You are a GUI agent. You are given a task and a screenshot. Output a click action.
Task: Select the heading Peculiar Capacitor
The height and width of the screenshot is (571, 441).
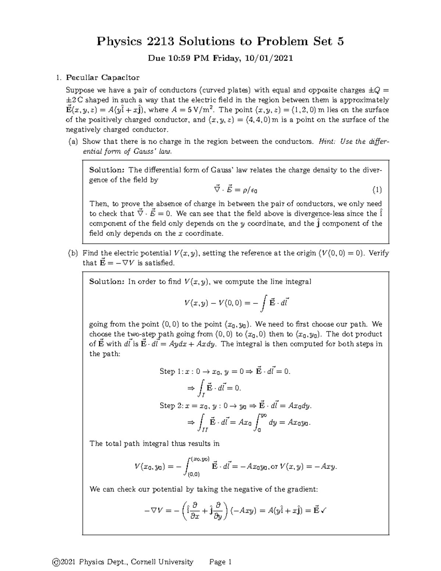[x=103, y=78]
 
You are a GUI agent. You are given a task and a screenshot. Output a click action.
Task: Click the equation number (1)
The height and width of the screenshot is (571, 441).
[x=377, y=190]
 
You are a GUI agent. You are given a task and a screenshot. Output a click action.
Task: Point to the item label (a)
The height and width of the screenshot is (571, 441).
[x=73, y=142]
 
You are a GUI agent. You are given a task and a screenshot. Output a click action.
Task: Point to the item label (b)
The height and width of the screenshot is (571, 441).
[x=73, y=253]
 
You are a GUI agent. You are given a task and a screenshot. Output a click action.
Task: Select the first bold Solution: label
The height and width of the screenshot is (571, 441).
[x=107, y=170]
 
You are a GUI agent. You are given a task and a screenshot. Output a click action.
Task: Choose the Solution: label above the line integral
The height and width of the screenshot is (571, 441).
[x=107, y=282]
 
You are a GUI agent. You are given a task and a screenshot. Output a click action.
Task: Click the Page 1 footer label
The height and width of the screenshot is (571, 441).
[x=220, y=562]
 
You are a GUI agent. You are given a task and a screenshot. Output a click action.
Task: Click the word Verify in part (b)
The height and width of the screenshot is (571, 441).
[x=379, y=253]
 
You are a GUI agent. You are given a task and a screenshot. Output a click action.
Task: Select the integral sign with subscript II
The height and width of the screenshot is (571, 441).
[x=202, y=422]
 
